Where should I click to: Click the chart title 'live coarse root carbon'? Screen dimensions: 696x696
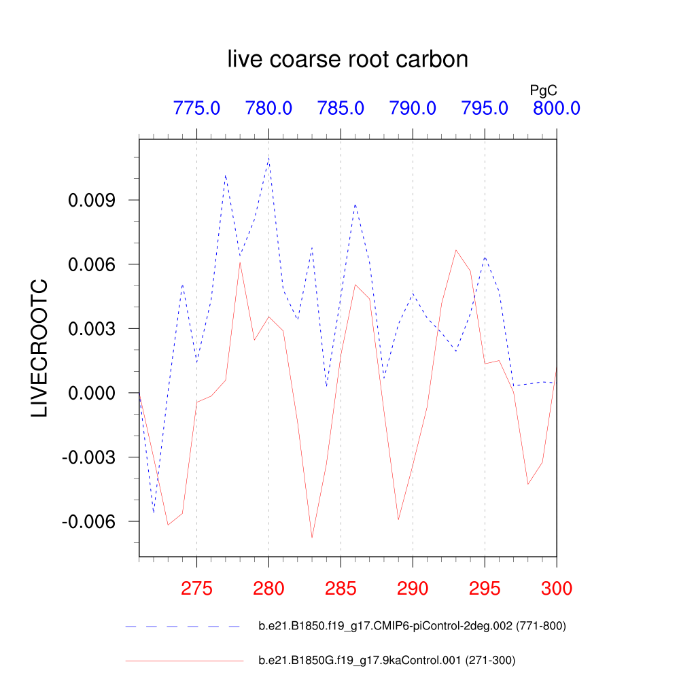click(x=347, y=60)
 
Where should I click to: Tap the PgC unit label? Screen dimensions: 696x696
click(x=544, y=90)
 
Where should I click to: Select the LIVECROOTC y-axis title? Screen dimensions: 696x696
click(x=40, y=347)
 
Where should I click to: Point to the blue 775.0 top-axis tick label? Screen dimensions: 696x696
click(x=196, y=108)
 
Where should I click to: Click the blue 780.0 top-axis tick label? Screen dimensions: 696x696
click(x=268, y=108)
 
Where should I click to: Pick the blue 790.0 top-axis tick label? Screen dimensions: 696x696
click(x=413, y=108)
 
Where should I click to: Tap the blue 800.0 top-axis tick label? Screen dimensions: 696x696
click(x=556, y=108)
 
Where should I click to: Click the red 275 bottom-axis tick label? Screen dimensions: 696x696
click(x=196, y=589)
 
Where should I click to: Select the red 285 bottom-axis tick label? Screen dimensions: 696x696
click(x=341, y=589)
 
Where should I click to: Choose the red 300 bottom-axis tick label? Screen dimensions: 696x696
click(x=556, y=589)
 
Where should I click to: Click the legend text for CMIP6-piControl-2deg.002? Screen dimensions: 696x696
click(x=412, y=626)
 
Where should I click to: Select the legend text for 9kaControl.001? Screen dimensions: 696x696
click(x=393, y=660)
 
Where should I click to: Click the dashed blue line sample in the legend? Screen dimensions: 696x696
click(x=184, y=626)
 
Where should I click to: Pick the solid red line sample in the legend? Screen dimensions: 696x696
click(x=184, y=660)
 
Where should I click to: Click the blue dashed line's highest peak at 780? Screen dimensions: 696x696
click(x=268, y=158)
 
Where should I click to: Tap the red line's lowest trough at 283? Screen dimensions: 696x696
click(x=312, y=538)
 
